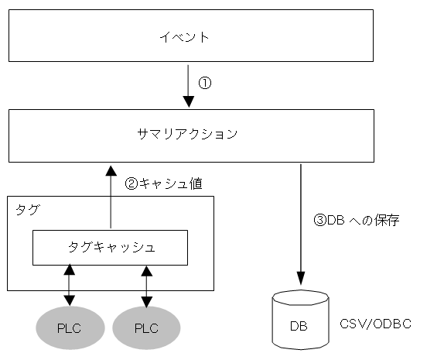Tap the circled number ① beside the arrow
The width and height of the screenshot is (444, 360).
(205, 82)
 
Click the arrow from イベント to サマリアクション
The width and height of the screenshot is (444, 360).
(188, 85)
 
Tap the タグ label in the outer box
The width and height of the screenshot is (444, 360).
(26, 209)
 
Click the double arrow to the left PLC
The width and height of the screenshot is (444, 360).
(70, 286)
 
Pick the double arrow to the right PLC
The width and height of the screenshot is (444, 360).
(146, 286)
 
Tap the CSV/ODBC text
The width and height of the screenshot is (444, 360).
(375, 324)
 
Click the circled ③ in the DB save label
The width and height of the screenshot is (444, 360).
(319, 220)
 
